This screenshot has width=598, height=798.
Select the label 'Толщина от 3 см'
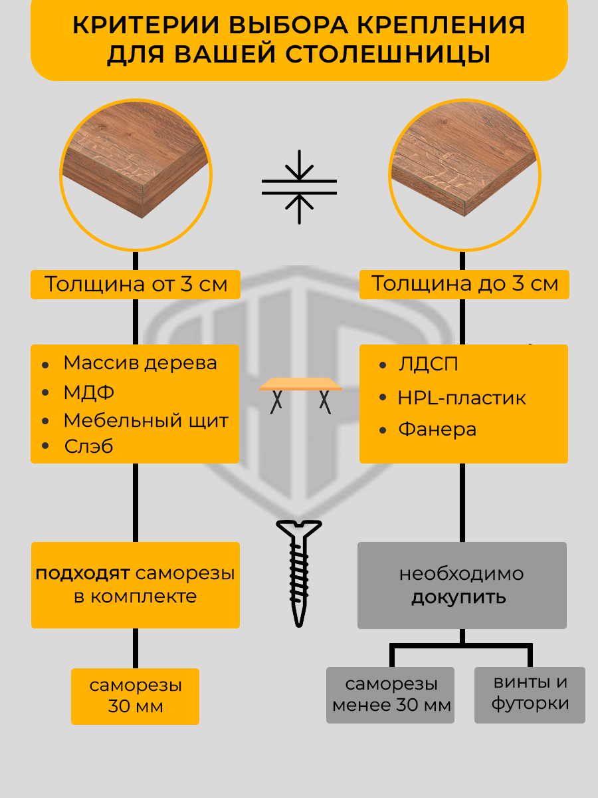pos(136,285)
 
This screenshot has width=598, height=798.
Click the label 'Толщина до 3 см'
pos(464,284)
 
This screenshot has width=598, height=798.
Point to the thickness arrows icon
pos(299,187)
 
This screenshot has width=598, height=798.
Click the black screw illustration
pos(299,572)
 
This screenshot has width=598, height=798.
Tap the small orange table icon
pos(300,393)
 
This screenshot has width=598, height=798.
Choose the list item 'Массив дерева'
pos(140,363)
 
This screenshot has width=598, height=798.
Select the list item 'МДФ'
pos(89,392)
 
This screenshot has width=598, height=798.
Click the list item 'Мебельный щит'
pos(146,421)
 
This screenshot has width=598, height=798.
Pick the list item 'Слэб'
pos(89,446)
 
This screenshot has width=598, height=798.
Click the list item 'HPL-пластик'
pos(462,398)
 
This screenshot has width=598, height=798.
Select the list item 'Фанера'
pos(437,430)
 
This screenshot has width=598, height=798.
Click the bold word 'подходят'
pos(83,574)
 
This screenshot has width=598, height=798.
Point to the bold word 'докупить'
pos(458,597)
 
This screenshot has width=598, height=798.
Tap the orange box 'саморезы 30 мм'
pos(136,696)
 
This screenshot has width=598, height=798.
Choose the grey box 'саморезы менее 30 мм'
pos(391,695)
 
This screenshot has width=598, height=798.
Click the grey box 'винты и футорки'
pos(530,694)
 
